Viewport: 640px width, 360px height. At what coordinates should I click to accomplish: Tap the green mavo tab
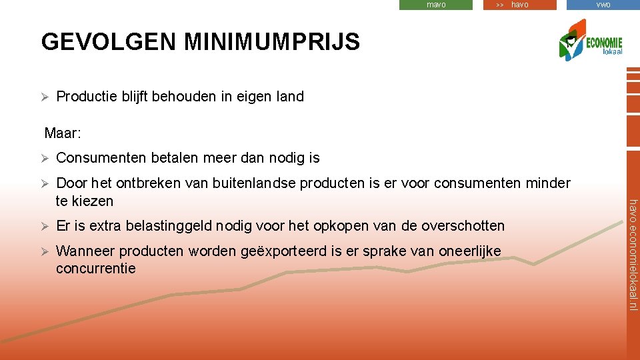[x=436, y=5]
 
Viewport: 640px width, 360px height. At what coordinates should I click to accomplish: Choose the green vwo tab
[x=603, y=5]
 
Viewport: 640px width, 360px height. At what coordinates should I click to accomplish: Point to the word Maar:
[x=63, y=133]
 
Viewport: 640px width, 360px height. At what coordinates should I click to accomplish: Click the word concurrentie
[x=95, y=269]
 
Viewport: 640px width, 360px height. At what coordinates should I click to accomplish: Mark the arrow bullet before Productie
[x=45, y=97]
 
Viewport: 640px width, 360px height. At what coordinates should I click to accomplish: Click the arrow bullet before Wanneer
[x=45, y=251]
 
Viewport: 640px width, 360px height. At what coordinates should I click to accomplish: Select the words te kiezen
[x=85, y=201]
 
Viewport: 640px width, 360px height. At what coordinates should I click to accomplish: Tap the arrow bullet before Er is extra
[x=45, y=226]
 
